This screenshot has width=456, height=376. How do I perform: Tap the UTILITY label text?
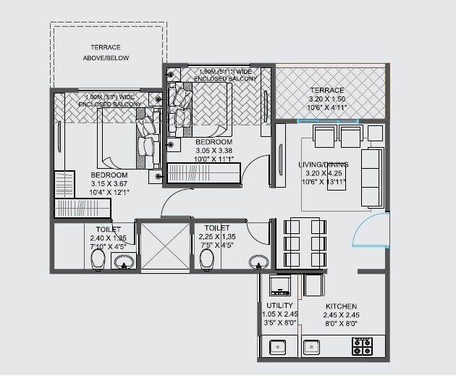[x=279, y=306]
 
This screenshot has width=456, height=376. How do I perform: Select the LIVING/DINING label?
[x=323, y=164]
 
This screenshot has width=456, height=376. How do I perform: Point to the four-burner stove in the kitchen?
[x=361, y=347]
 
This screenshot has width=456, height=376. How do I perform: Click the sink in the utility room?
[x=278, y=347]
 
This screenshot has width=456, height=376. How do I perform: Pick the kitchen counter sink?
[x=313, y=347]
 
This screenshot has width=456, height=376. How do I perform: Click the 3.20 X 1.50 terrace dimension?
[x=326, y=99]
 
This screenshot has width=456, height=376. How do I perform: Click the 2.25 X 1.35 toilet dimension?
[x=216, y=236]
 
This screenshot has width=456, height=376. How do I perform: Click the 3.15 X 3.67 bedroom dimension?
[x=109, y=185]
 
